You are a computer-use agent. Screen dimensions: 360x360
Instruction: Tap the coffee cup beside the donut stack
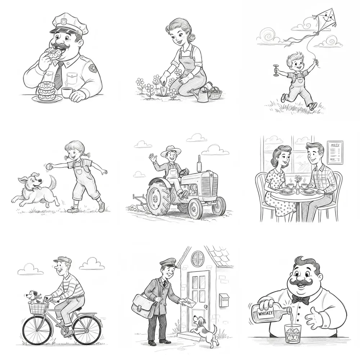(67, 92)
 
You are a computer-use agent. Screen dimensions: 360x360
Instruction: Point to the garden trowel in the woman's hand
(164, 88)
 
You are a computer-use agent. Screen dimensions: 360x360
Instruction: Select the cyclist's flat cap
(60, 260)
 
